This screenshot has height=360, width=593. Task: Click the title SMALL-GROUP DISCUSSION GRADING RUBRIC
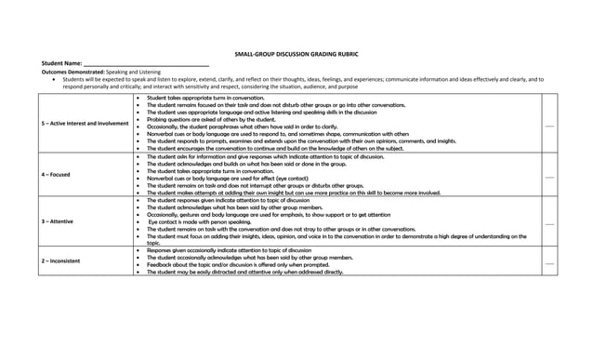tap(296, 57)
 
